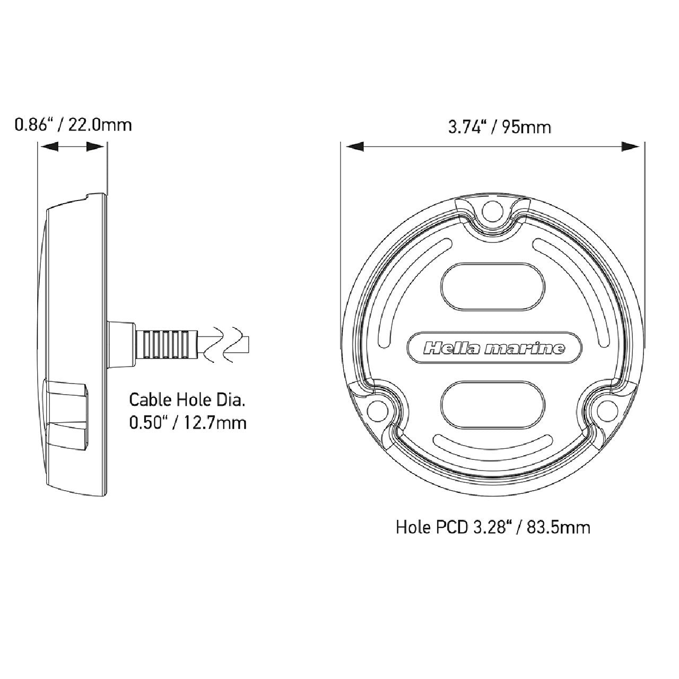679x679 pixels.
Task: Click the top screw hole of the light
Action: (x=492, y=211)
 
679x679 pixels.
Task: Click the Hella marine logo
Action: (x=494, y=349)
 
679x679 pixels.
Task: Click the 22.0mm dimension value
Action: (x=100, y=125)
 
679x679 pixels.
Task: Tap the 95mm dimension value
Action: (x=526, y=127)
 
